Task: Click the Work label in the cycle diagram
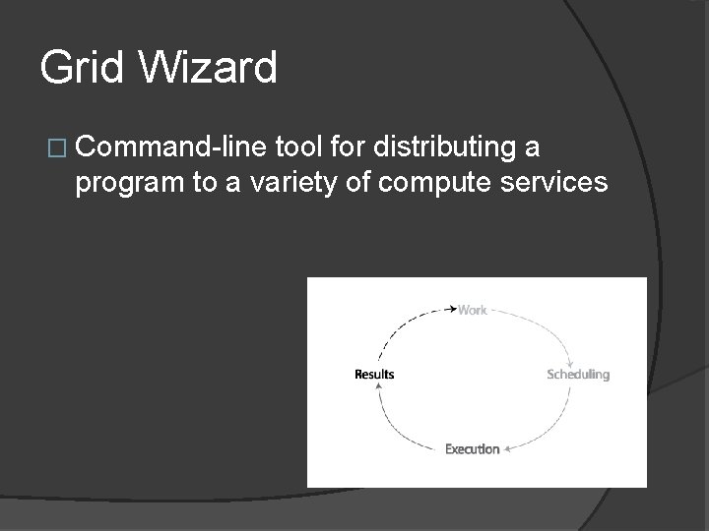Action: (473, 310)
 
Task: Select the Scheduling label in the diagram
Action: (578, 375)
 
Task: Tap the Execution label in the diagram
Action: (472, 449)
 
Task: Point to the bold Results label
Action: (374, 374)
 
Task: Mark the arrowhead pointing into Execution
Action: (508, 449)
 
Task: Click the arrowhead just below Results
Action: (375, 387)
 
